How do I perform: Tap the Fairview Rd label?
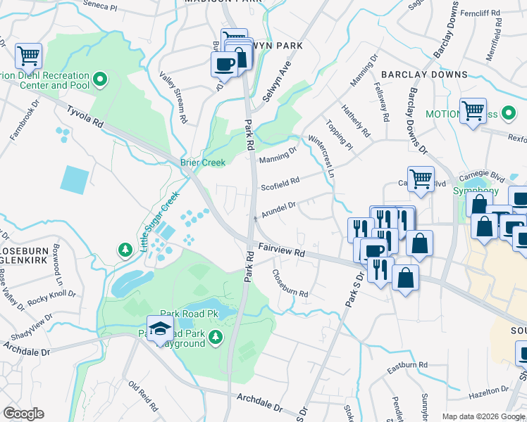[x=281, y=250]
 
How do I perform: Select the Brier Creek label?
[x=203, y=162]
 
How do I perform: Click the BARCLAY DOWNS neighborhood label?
[x=424, y=74]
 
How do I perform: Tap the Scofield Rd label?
[x=280, y=184]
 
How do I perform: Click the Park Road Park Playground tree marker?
[x=215, y=338]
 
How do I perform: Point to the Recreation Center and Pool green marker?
[x=99, y=80]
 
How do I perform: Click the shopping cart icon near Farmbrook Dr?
[x=28, y=56]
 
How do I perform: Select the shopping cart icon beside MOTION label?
[x=473, y=111]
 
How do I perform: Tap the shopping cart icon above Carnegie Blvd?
[x=421, y=179]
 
